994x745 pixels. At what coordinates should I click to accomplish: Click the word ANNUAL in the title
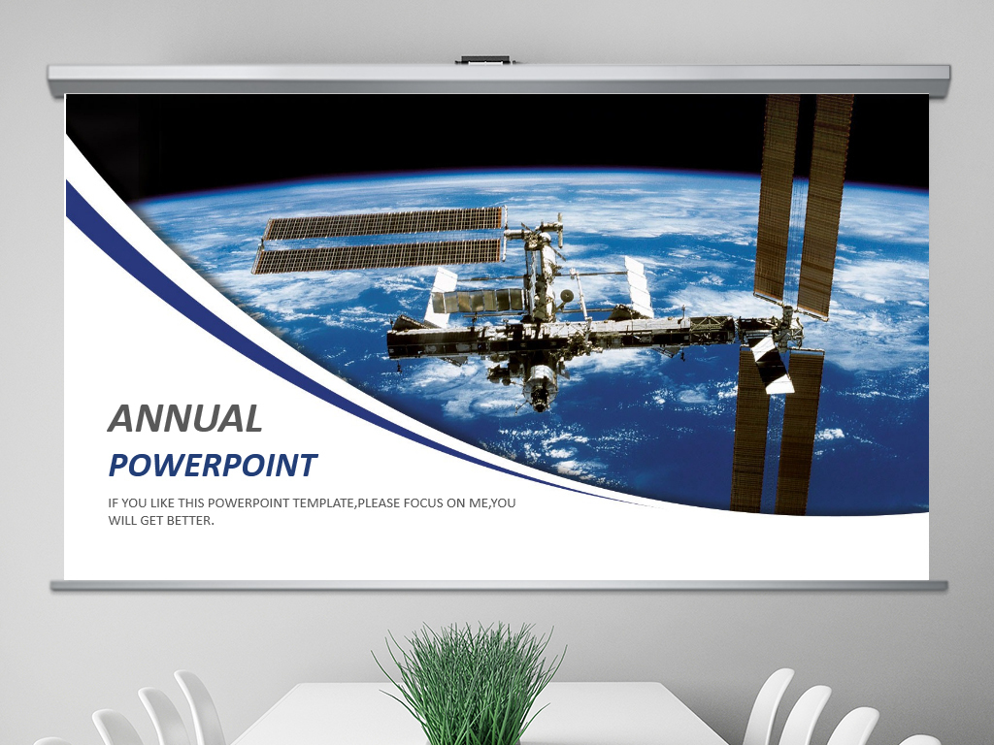click(185, 419)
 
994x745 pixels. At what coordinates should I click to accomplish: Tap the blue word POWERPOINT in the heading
click(213, 465)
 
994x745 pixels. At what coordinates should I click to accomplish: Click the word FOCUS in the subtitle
click(426, 503)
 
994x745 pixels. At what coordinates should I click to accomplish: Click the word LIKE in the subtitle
click(163, 503)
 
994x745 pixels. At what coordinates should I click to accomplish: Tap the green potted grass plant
click(471, 683)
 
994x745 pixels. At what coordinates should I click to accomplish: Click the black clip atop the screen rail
click(485, 60)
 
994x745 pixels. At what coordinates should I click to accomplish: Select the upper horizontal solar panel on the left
click(384, 222)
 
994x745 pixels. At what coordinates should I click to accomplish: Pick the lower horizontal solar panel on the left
click(379, 256)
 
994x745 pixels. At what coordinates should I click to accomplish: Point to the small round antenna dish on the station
click(567, 296)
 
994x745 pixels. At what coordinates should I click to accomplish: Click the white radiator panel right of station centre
click(639, 286)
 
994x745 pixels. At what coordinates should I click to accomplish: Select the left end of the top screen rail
click(50, 80)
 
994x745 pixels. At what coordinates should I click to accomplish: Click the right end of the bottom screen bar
click(944, 586)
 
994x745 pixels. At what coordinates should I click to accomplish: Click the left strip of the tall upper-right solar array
click(777, 196)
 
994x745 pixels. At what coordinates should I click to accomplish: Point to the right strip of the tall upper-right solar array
click(825, 206)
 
